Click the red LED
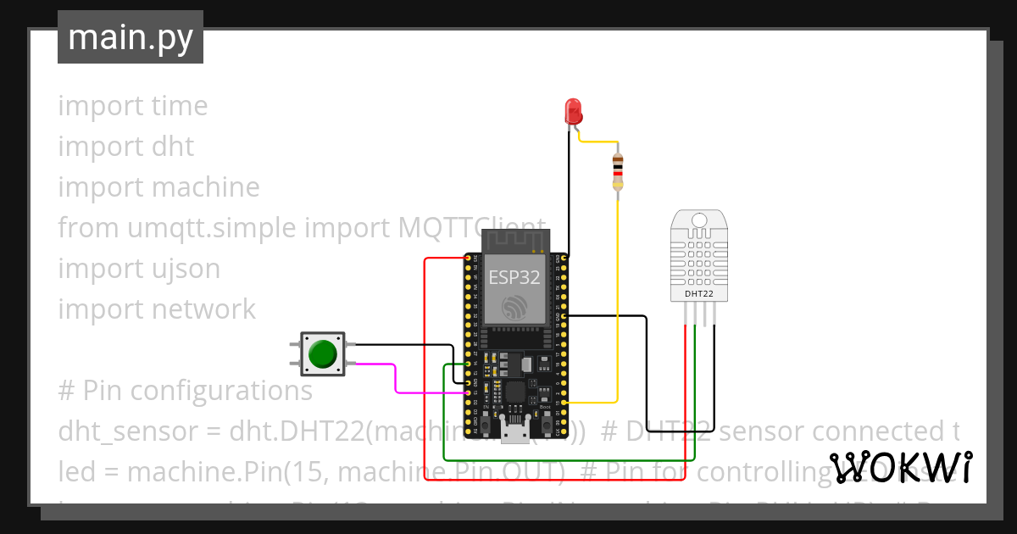pos(573,111)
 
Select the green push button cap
pos(323,353)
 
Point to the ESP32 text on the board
pos(514,276)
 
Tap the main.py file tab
pos(131,37)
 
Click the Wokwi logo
pos(900,467)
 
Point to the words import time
pos(133,106)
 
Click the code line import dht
pos(126,147)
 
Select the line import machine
pos(158,187)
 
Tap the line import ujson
pos(139,269)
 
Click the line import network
pos(157,309)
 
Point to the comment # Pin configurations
pos(185,391)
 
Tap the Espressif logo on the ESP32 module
pos(514,308)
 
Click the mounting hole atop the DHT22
pos(698,221)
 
